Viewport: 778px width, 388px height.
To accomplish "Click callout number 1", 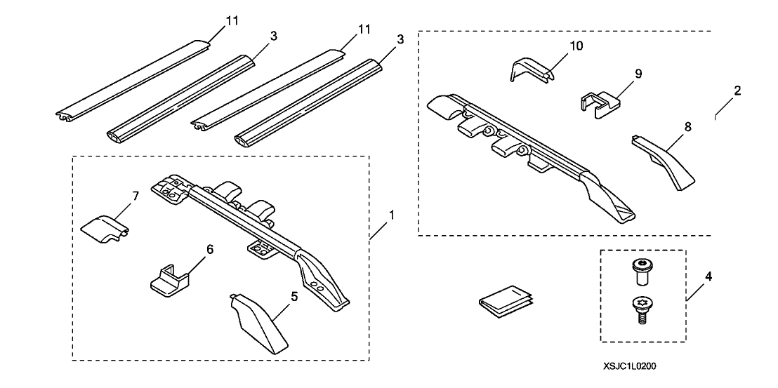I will tap(392, 215).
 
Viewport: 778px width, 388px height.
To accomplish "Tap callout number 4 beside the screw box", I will tap(708, 277).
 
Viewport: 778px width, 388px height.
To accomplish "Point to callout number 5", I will tap(294, 297).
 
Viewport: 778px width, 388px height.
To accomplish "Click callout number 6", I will tap(209, 250).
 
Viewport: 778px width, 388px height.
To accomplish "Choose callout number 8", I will tap(687, 128).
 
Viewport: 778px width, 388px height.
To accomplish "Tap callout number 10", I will tap(576, 46).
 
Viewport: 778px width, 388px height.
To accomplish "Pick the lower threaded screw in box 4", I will tap(640, 309).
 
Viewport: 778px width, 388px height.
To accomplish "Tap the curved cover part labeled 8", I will tap(663, 161).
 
